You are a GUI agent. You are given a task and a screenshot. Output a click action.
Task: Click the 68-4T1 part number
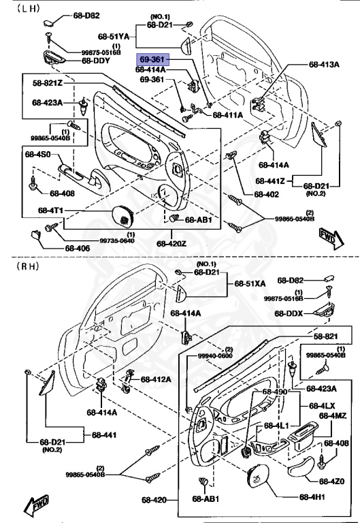[x=51, y=210]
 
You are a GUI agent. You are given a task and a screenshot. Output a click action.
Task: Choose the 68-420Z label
[x=171, y=243]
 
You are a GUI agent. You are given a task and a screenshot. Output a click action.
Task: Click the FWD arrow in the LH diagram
[x=329, y=237]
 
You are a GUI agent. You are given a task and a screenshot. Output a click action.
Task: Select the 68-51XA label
[x=251, y=283]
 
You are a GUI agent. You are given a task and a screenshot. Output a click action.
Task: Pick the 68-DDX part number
[x=291, y=313]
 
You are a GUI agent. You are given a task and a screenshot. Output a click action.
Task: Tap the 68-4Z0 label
[x=333, y=481]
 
